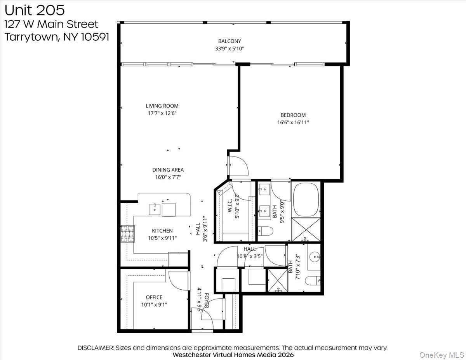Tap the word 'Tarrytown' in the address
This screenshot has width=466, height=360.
29,37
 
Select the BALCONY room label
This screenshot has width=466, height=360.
230,41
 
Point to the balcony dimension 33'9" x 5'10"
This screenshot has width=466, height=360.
230,49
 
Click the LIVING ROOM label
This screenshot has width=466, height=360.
162,106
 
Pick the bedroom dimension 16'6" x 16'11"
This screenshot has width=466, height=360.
293,122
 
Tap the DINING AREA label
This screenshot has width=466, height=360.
168,170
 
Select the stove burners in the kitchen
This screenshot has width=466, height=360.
127,234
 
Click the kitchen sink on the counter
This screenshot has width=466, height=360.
155,209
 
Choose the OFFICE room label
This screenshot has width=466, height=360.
154,297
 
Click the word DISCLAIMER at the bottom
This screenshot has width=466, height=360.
96,348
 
